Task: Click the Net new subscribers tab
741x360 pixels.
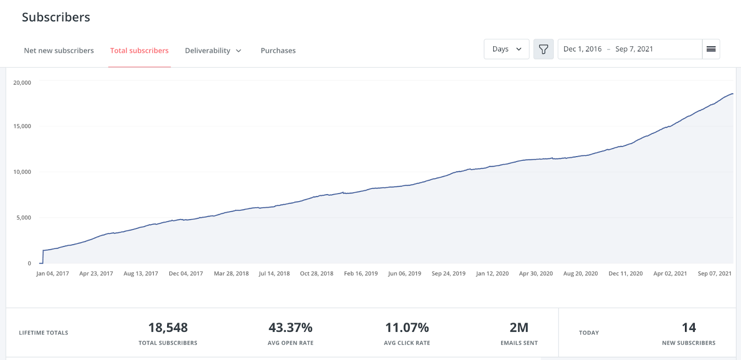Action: coord(59,51)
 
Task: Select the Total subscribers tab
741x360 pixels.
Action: coord(139,51)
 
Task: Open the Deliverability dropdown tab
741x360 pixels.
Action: coord(213,51)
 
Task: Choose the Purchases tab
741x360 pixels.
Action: coord(278,51)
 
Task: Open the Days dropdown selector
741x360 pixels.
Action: coord(507,49)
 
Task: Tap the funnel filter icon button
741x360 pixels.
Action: coord(544,49)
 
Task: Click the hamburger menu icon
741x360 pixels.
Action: coord(711,49)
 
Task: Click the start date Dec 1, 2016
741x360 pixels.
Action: coord(583,49)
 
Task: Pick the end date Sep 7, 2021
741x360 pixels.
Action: coord(634,49)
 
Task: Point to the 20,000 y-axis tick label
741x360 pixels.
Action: coord(22,83)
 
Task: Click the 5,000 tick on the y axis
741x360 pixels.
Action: coord(24,218)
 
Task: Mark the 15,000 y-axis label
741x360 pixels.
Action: coord(22,126)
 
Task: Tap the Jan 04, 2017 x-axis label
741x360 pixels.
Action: coord(53,274)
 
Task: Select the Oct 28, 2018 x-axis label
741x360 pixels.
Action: coord(317,274)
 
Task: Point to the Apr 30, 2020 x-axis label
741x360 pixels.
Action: coord(536,274)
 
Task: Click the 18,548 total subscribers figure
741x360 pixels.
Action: coord(168,328)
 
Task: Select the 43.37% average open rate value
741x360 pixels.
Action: coord(290,328)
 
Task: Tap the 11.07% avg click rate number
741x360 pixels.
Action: coord(407,328)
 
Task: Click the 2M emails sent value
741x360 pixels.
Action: coord(519,328)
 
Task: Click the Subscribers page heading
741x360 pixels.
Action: coord(56,17)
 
